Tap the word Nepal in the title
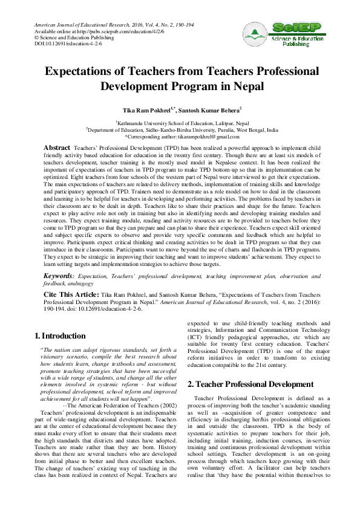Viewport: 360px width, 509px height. pyautogui.click(x=246, y=85)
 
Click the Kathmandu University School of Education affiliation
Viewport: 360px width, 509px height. pyautogui.click(x=182, y=123)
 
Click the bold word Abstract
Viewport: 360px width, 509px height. pyautogui.click(x=57, y=148)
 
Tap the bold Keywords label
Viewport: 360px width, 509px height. pyautogui.click(x=60, y=275)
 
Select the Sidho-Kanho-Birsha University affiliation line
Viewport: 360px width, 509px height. pyautogui.click(x=182, y=130)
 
